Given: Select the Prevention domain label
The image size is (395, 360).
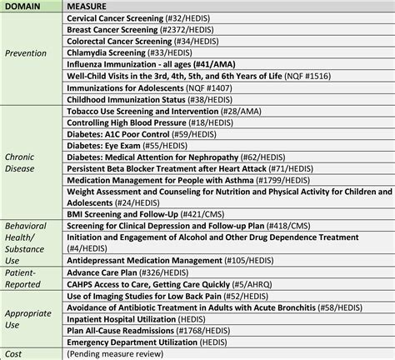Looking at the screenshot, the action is (27, 53).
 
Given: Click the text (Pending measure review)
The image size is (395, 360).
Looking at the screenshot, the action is (120, 353).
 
